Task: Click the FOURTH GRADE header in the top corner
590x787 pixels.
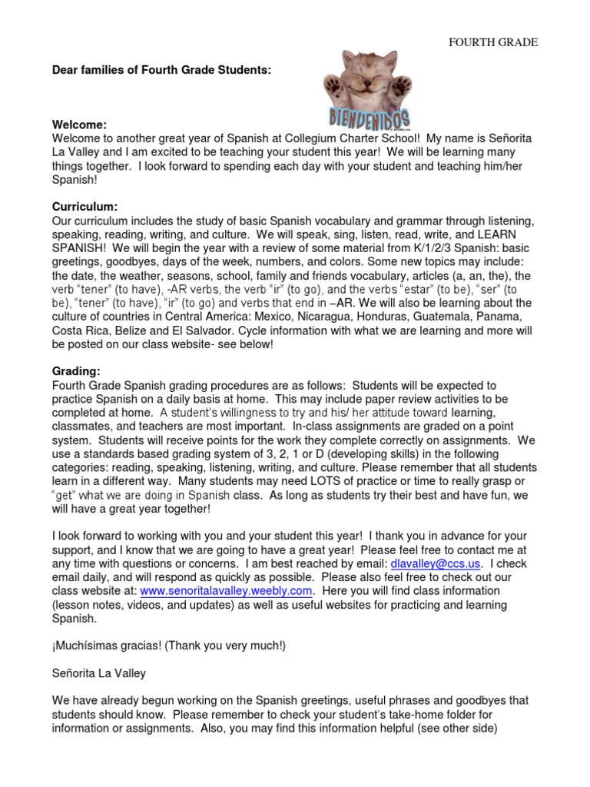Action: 493,42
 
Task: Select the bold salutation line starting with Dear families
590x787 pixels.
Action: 161,70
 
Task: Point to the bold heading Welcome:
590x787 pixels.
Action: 78,125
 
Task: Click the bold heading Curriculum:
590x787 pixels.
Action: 85,208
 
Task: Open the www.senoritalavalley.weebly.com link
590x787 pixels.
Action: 226,591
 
